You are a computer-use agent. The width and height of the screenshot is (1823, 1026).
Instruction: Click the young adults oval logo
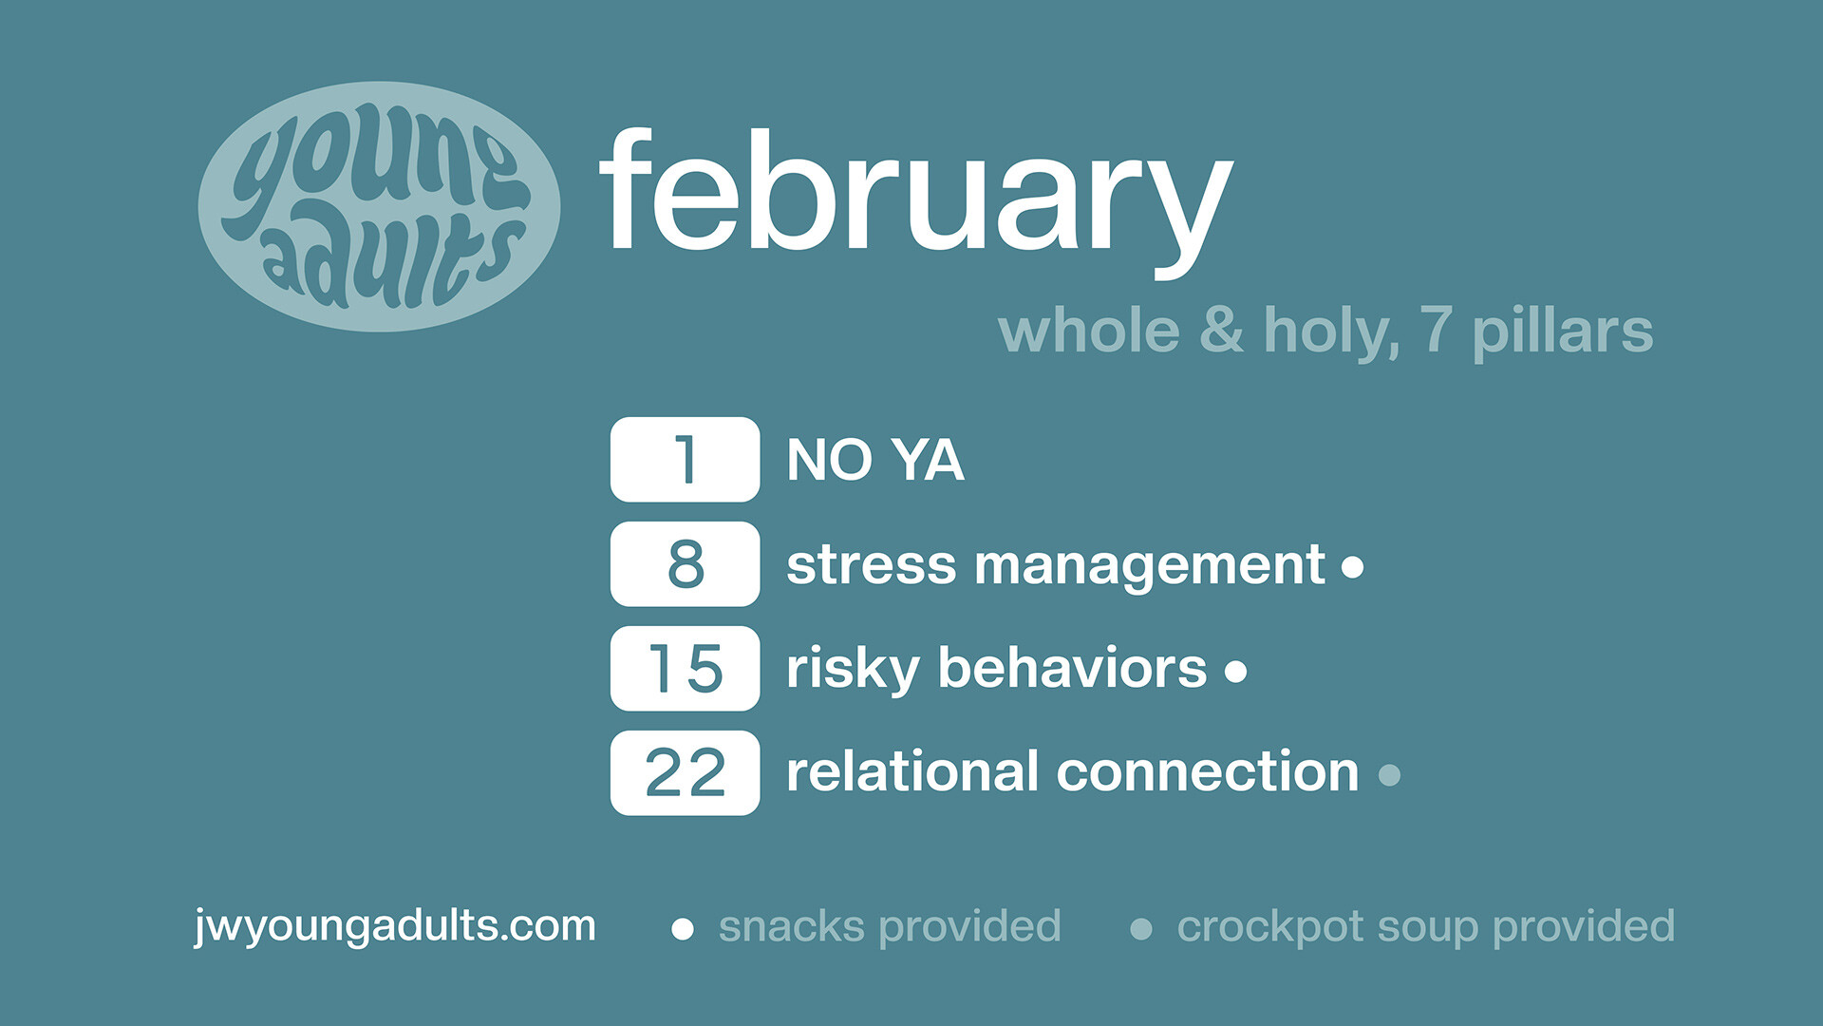[x=379, y=206]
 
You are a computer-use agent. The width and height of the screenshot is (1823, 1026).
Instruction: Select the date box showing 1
[x=685, y=460]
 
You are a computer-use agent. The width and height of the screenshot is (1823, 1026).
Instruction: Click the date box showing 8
[x=685, y=564]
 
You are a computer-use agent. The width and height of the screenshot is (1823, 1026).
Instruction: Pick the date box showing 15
[x=685, y=669]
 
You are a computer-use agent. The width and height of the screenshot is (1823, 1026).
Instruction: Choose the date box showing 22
[x=685, y=773]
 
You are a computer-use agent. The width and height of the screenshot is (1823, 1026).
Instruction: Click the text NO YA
[x=874, y=461]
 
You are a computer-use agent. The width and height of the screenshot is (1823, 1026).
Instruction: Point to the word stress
[x=871, y=565]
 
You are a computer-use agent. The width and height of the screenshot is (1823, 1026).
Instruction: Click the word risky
[x=852, y=670]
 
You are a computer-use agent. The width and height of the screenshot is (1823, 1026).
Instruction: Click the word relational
[x=912, y=771]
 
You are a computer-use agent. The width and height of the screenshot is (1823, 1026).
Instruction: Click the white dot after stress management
[x=1352, y=568]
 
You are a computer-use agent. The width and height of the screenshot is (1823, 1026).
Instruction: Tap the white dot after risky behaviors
[x=1235, y=673]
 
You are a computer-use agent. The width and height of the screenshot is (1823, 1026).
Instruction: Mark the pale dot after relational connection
[x=1388, y=775]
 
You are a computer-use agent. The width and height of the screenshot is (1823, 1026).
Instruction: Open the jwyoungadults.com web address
[x=395, y=926]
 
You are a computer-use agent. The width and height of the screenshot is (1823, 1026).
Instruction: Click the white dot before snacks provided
[x=682, y=929]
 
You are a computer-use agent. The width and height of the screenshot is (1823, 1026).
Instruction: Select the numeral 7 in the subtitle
[x=1436, y=330]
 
